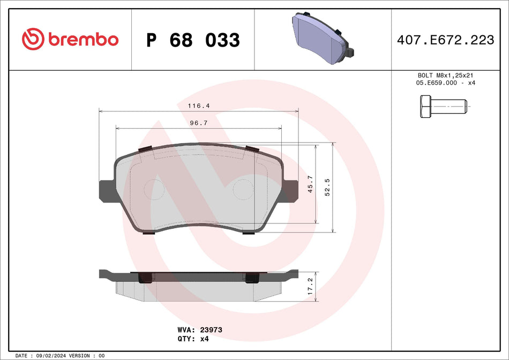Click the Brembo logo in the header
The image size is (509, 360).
(x=70, y=39)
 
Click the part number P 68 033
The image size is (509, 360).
(x=193, y=40)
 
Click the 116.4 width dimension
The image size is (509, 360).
(x=198, y=106)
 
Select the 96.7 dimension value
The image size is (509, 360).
(x=199, y=123)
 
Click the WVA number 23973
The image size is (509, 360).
(x=211, y=330)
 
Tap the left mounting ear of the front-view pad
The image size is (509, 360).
(x=106, y=191)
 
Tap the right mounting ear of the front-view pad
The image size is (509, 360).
(x=290, y=191)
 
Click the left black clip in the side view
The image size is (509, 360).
(x=145, y=277)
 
